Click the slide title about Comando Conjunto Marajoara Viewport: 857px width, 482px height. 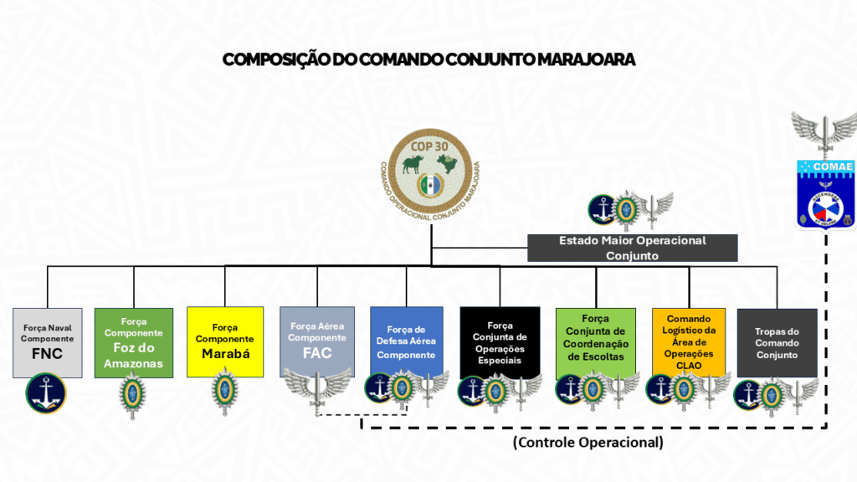click(x=428, y=59)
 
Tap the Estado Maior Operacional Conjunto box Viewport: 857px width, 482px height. click(x=632, y=248)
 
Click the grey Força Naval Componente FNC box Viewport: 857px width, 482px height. click(x=48, y=343)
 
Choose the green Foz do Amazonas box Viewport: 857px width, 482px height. click(x=133, y=343)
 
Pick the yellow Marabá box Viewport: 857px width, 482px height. click(x=224, y=343)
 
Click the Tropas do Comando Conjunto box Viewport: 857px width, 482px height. click(x=777, y=343)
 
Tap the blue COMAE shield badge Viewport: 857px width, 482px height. click(x=826, y=192)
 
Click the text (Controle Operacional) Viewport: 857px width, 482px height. click(x=588, y=442)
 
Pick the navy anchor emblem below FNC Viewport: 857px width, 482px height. click(x=47, y=394)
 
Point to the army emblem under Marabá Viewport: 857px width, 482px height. click(x=223, y=392)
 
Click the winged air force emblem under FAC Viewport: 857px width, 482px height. click(x=317, y=387)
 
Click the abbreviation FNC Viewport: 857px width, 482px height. click(x=48, y=353)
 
